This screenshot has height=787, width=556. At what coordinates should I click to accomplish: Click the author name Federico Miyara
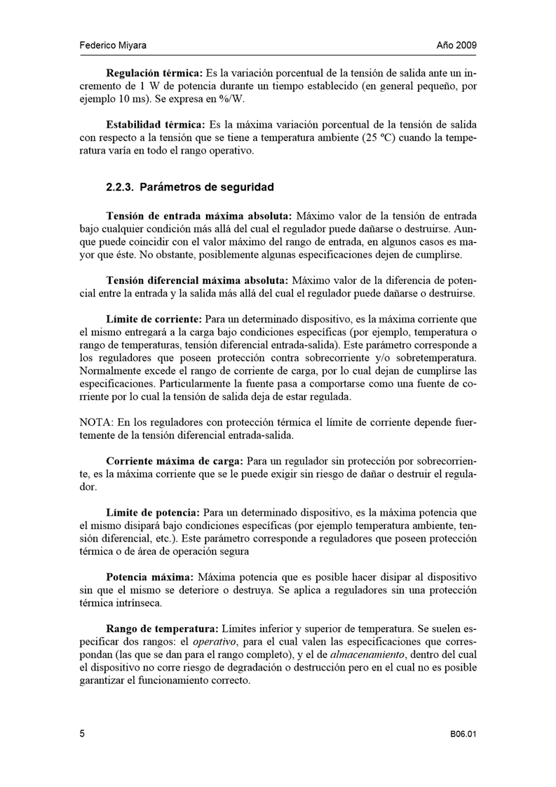(112, 46)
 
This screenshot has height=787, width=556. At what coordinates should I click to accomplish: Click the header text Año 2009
(456, 46)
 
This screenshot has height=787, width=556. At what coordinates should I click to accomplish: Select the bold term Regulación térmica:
(154, 73)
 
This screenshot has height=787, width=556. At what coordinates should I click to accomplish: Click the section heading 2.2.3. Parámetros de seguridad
(189, 187)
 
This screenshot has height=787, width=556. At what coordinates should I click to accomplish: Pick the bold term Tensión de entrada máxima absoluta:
(200, 215)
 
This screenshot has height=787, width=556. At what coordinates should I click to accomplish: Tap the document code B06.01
(463, 734)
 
